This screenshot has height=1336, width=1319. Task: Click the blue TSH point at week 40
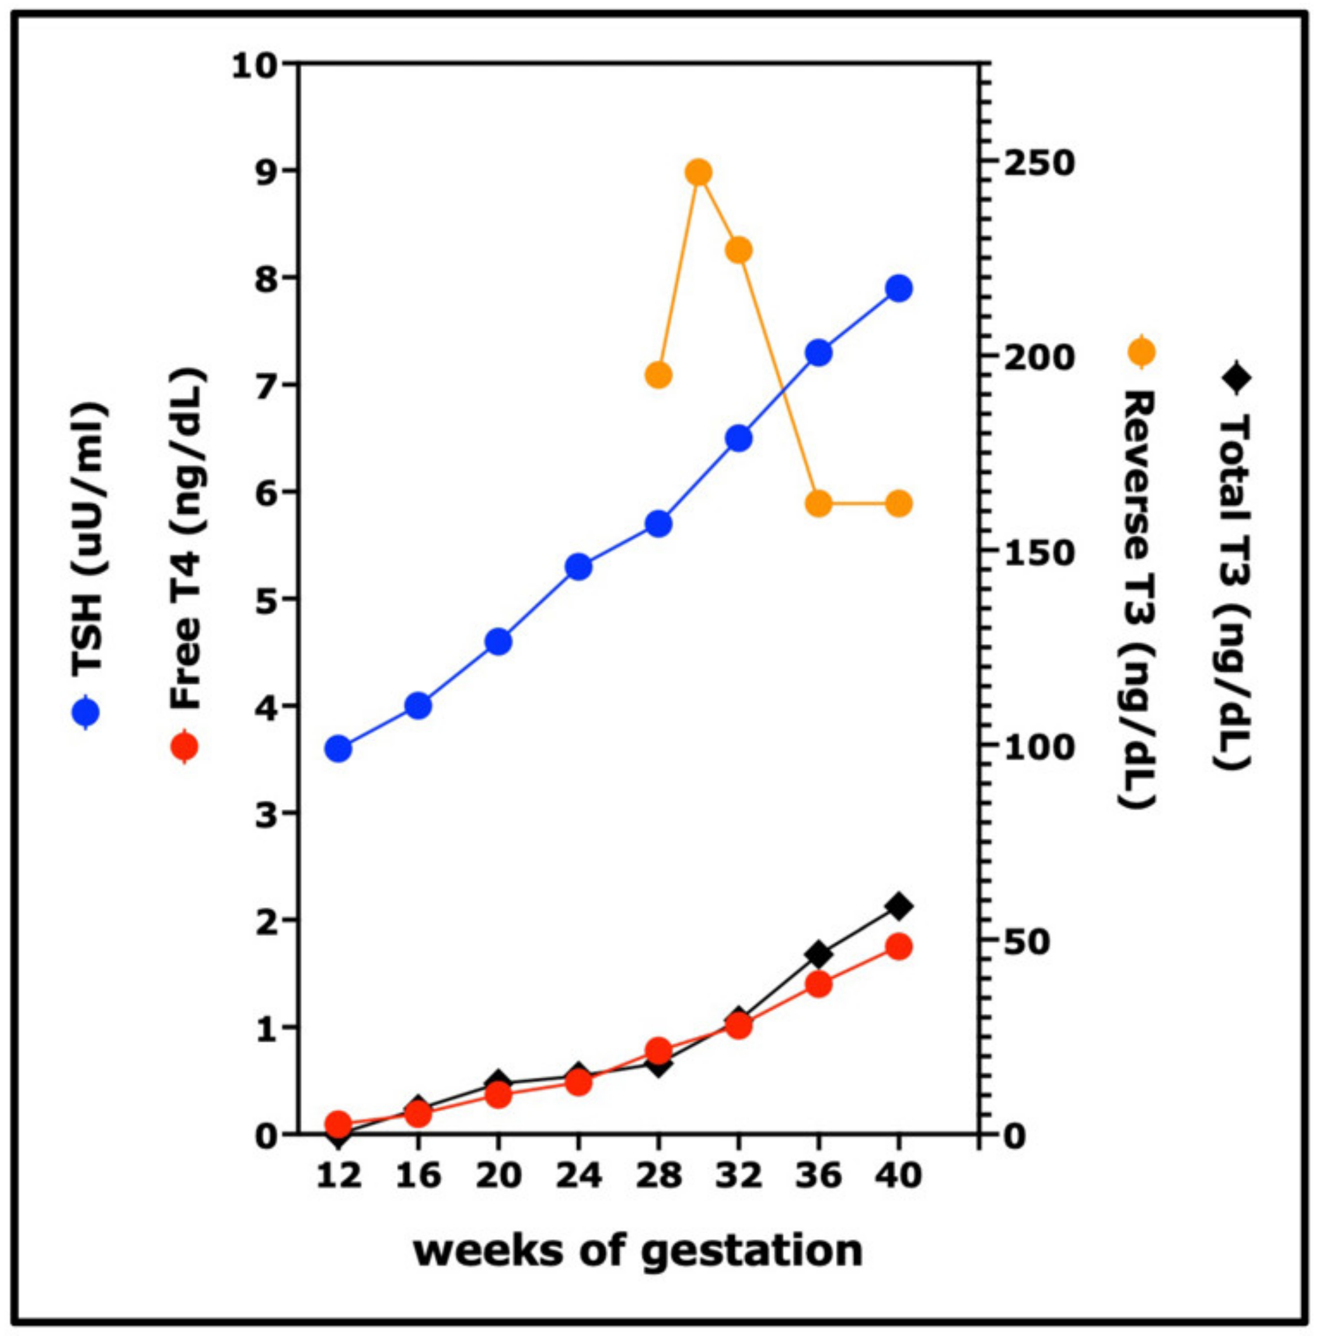tap(898, 288)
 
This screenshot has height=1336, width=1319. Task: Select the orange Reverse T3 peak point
tap(699, 172)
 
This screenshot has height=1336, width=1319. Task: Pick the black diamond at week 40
tap(898, 906)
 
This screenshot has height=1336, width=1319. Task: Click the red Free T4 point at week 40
tap(898, 947)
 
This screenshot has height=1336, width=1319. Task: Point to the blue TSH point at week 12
tap(339, 748)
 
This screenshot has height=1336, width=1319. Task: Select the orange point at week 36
tap(819, 504)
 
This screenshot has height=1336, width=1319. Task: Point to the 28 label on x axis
tap(658, 1175)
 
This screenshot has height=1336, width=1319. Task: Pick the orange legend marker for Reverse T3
tap(1140, 352)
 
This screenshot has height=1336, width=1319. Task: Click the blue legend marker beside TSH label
tap(86, 712)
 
